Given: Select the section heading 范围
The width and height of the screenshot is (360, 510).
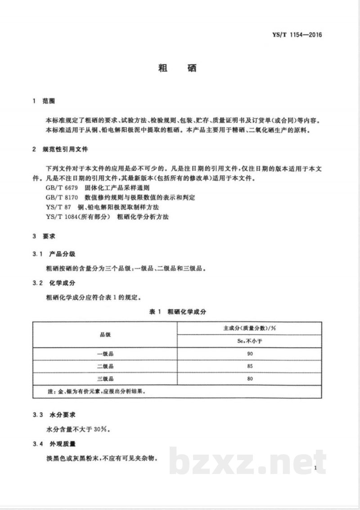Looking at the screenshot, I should tap(49, 102).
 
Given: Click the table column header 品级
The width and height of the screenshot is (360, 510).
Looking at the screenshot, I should tap(105, 335).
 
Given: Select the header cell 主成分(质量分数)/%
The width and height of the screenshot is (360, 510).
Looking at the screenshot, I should tap(249, 328).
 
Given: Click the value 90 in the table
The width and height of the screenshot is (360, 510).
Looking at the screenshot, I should tap(250, 354).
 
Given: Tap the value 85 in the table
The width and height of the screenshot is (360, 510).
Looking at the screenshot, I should tap(250, 367).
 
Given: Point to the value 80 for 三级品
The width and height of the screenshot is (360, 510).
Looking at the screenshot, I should tap(250, 379).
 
